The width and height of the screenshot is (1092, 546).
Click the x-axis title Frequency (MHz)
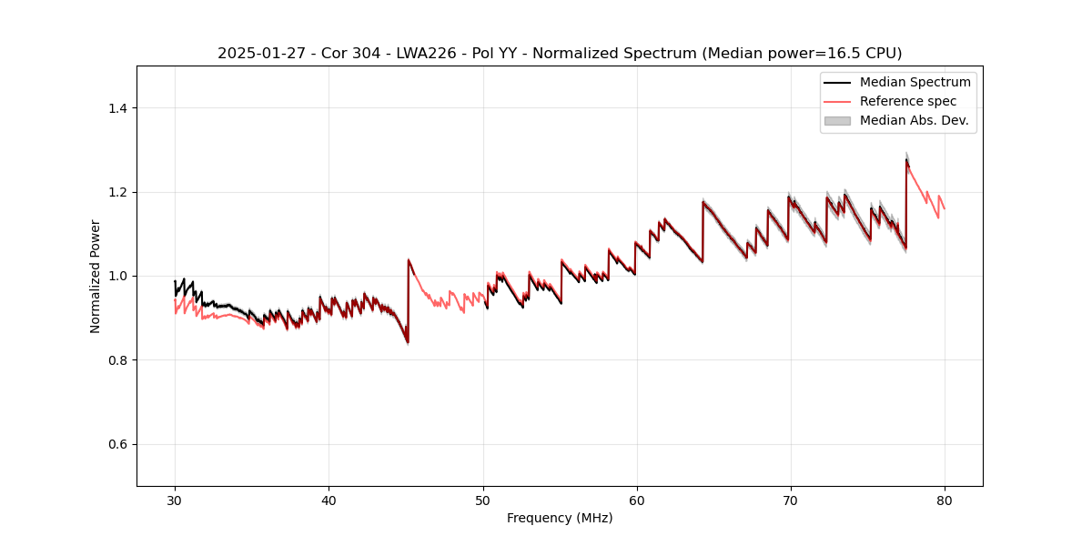click(560, 518)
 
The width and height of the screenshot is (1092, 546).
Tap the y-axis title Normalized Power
click(96, 276)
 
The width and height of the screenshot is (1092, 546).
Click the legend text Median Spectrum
click(915, 82)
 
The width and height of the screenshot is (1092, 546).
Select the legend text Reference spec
click(908, 101)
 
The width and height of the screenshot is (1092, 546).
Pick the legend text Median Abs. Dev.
click(914, 120)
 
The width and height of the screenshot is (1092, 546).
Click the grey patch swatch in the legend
click(837, 120)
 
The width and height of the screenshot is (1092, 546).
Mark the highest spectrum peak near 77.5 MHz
click(906, 160)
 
